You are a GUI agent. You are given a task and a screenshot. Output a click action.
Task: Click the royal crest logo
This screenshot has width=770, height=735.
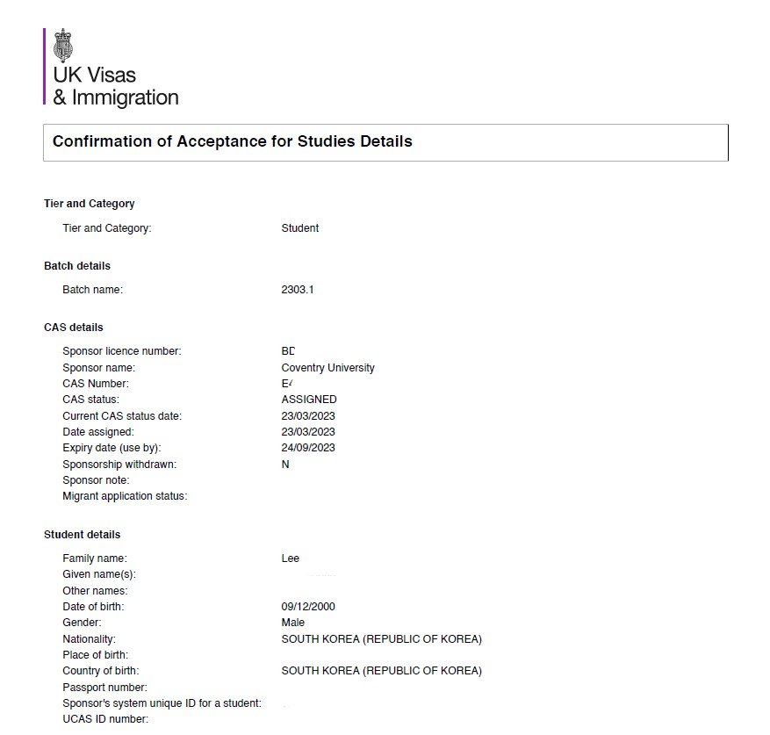[63, 45]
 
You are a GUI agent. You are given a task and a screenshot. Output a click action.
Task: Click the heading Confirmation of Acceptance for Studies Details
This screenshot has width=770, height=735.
[233, 141]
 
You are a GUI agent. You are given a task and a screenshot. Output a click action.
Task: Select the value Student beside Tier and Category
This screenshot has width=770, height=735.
[299, 228]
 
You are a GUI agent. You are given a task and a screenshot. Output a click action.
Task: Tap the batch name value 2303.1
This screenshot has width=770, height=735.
[297, 290]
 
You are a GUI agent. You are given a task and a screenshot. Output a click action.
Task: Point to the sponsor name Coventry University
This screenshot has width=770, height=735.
[327, 368]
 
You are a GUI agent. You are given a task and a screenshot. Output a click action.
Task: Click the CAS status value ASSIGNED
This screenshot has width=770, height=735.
[308, 400]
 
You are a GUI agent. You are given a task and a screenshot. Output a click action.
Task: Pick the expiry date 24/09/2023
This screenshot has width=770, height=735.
[308, 448]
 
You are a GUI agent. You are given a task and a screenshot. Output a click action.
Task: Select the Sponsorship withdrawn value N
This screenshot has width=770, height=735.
[285, 465]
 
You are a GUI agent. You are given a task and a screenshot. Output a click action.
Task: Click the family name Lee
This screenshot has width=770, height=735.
[290, 558]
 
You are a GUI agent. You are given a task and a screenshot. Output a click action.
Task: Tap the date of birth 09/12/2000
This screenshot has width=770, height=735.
[308, 607]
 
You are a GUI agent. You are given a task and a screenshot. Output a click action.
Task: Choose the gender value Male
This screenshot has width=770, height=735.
[293, 623]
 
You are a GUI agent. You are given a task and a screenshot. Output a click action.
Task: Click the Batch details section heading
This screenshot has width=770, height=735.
[77, 266]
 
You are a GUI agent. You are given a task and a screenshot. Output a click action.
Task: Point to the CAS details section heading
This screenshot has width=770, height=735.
[74, 328]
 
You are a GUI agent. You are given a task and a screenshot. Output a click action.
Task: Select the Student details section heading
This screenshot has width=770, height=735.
[83, 535]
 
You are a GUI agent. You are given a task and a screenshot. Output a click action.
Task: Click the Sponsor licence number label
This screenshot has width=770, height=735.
[122, 351]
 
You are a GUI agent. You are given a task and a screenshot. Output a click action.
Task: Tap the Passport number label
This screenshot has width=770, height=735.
[104, 688]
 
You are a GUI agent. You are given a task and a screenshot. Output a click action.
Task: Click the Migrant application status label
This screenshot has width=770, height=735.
[125, 496]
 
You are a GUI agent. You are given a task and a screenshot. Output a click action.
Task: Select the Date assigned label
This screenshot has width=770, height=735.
[98, 432]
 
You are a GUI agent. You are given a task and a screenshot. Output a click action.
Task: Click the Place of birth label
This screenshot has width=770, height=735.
[95, 655]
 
